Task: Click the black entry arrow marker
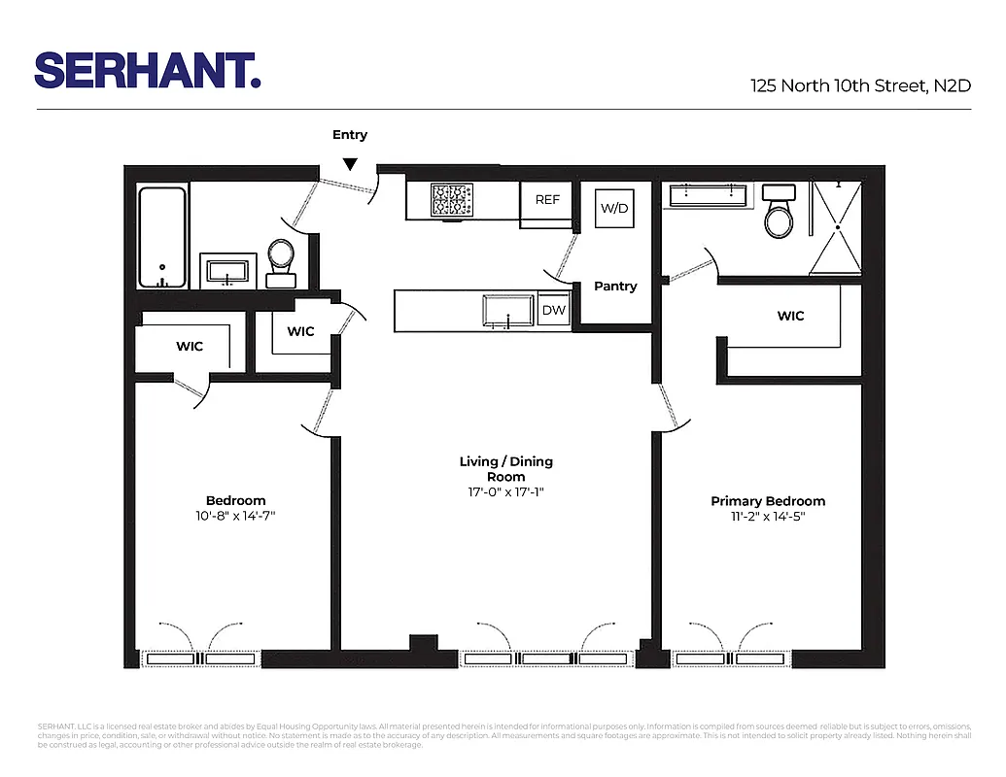(350, 165)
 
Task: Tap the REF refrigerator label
(547, 199)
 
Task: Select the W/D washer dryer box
(613, 208)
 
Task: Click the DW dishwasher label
(553, 310)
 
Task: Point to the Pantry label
(615, 287)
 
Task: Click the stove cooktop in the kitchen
(453, 201)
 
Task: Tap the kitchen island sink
(508, 310)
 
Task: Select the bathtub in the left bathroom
(162, 237)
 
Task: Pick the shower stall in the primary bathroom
(835, 225)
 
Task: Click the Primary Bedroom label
(768, 501)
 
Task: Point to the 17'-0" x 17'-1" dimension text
(505, 491)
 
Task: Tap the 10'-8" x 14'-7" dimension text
(235, 516)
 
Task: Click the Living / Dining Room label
(505, 469)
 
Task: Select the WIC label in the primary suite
(790, 316)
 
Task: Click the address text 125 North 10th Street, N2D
(860, 85)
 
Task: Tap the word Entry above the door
(350, 135)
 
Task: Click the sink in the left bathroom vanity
(228, 270)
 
